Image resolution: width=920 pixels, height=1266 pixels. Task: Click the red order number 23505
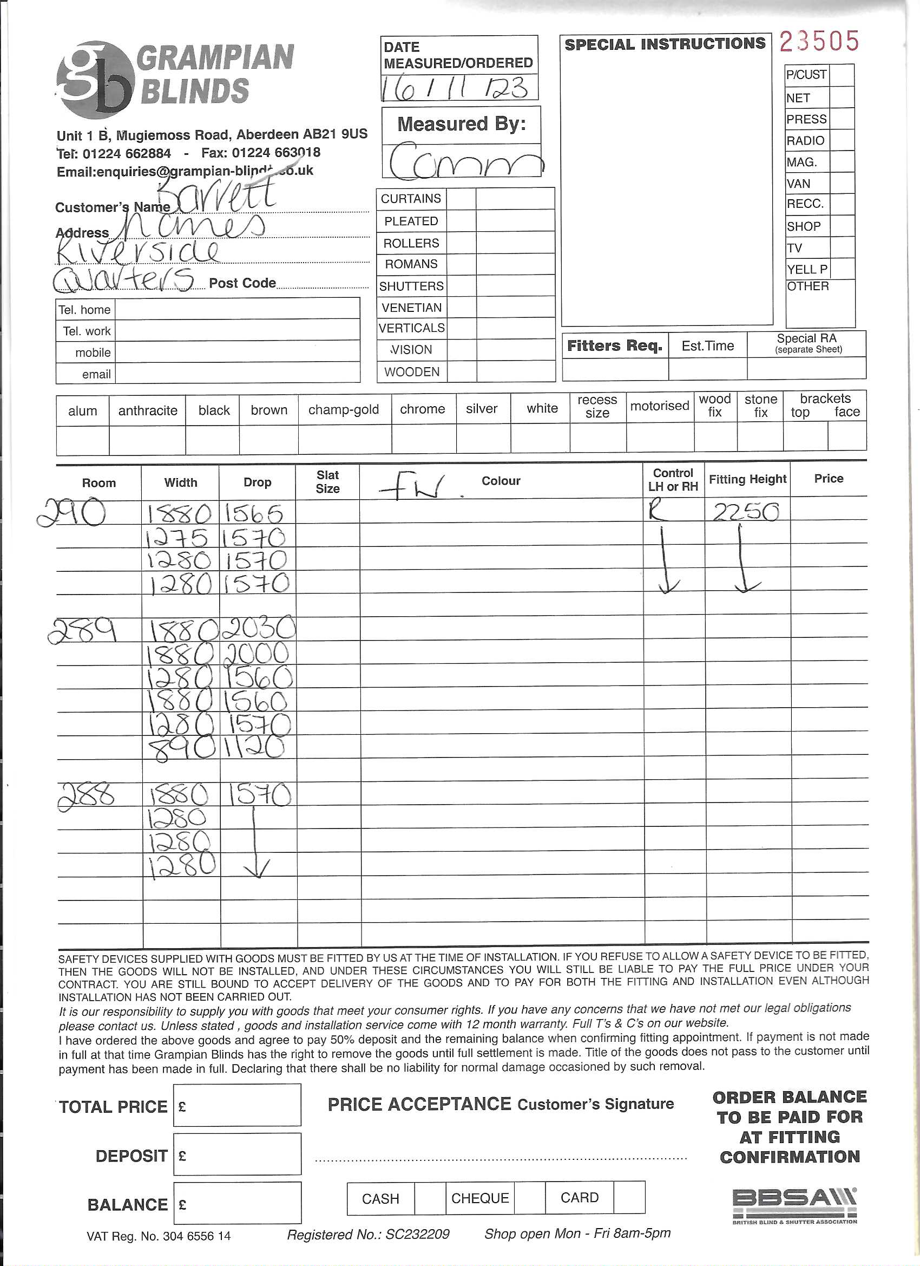pyautogui.click(x=819, y=41)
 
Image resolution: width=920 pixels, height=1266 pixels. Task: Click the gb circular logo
pyautogui.click(x=95, y=80)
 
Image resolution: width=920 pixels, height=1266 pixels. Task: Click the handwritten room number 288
pyautogui.click(x=87, y=794)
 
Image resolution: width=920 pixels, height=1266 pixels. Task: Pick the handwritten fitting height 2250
pyautogui.click(x=745, y=511)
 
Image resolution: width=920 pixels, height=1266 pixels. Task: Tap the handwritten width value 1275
pyautogui.click(x=177, y=538)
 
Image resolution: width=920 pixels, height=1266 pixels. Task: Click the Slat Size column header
pyautogui.click(x=327, y=482)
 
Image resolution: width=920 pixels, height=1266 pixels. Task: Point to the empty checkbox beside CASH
pyautogui.click(x=430, y=1198)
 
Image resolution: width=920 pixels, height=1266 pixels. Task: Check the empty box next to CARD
pyautogui.click(x=629, y=1197)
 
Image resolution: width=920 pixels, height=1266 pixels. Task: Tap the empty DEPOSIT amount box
pyautogui.click(x=237, y=1154)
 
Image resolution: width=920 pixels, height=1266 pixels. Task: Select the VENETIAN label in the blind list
pyautogui.click(x=412, y=308)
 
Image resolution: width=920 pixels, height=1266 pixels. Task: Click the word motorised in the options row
pyautogui.click(x=660, y=406)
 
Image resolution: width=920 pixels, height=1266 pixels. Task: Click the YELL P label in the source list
pyautogui.click(x=807, y=269)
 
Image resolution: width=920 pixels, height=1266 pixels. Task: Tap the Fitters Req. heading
pyautogui.click(x=614, y=346)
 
